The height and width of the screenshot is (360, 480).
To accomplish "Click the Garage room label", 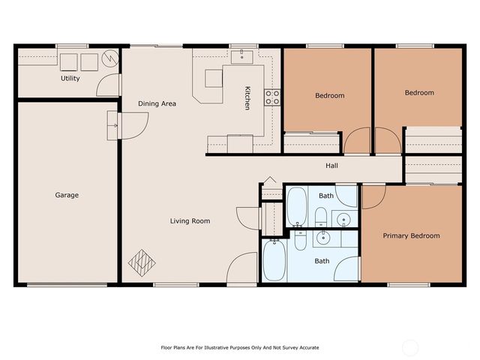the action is coord(67,195).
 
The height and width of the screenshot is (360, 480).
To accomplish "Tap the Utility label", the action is coord(70,78).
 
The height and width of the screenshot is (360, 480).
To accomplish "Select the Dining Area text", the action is coord(157,103).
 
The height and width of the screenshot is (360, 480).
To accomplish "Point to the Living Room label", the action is coord(190,221).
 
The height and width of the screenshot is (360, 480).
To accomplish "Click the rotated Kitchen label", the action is coord(247,98).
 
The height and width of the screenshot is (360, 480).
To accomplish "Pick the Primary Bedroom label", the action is coord(412,235).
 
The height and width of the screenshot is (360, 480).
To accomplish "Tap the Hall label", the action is coord(331,166).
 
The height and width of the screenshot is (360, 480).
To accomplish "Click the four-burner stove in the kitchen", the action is coord(272,97).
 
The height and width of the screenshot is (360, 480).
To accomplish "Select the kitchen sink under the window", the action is coord(241,57).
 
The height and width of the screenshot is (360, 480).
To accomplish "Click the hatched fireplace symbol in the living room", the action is coord(142,263).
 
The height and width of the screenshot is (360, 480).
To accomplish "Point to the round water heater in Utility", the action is coord(110,58).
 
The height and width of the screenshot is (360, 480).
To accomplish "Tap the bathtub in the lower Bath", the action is coord(274,260).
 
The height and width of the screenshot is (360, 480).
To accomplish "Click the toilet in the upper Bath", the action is coord(321,217).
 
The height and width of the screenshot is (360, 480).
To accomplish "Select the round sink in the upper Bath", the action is coord(344,220).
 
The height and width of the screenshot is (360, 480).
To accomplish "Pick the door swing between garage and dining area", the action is coord(135,126).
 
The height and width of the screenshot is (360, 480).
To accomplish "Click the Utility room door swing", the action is coord(108,85).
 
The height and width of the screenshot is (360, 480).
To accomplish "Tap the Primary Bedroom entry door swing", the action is coord(373,197).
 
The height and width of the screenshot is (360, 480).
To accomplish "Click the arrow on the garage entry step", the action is coord(114,125).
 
